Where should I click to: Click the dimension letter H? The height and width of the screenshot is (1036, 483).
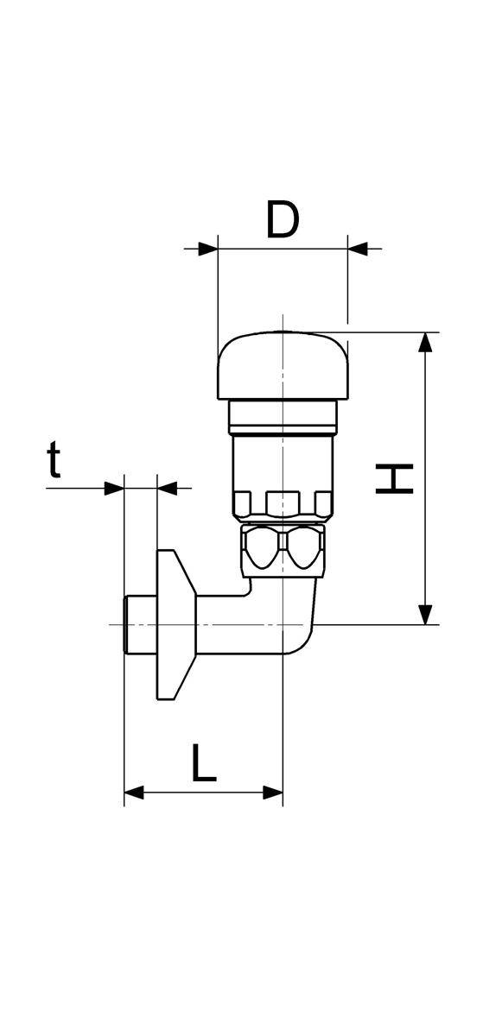coord(394,478)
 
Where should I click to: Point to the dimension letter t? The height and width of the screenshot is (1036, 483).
coord(54,460)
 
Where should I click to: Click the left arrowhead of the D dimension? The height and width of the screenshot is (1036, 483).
coord(208,249)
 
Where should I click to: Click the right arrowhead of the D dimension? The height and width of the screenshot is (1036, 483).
coord(358,249)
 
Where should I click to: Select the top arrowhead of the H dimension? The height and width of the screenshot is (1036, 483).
coord(425,342)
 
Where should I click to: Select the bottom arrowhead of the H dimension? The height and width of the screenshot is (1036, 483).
coord(425,614)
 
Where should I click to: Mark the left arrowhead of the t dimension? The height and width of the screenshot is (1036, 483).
coord(114,488)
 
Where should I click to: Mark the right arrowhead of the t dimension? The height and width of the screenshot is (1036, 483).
coord(168,488)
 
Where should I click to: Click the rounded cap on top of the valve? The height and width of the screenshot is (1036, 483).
coord(283,365)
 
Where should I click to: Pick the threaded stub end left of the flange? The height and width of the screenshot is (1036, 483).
coord(141,624)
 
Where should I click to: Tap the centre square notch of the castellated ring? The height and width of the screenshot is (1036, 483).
coord(282,503)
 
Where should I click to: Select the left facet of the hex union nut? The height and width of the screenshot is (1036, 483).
coord(261,548)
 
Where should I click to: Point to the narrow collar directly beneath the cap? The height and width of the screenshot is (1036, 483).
coord(283,416)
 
